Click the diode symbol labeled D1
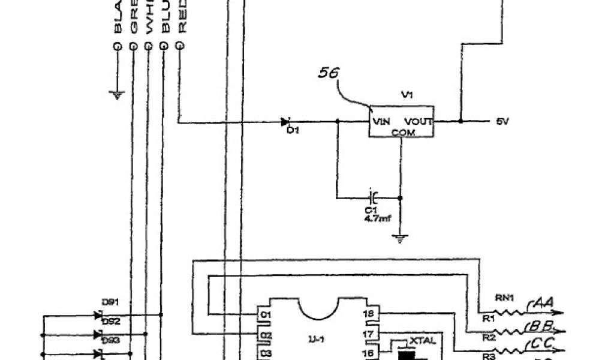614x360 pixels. (286, 122)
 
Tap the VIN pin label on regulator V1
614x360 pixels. (381, 121)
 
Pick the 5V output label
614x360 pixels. (502, 122)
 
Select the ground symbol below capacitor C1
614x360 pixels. (401, 239)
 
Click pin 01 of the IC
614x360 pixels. (265, 314)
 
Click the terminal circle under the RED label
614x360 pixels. (177, 46)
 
